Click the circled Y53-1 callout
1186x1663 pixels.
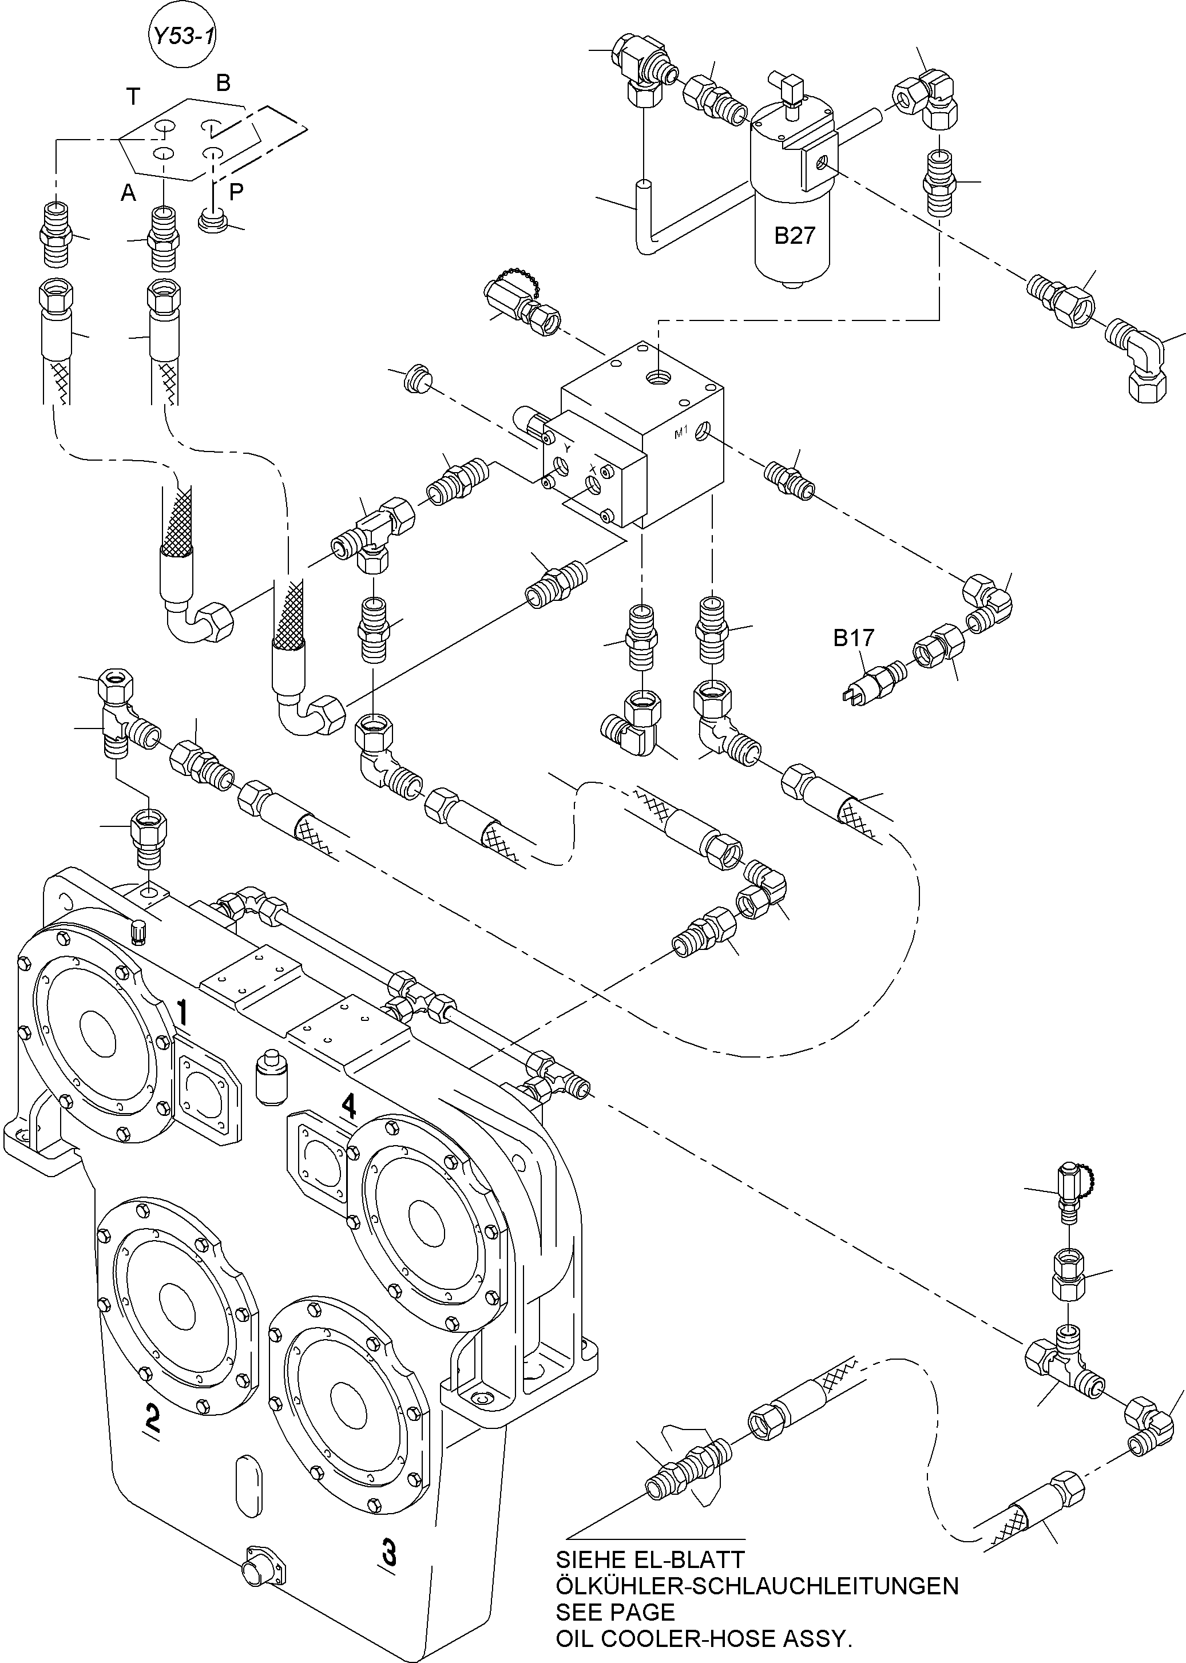183,36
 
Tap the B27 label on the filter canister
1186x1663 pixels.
794,236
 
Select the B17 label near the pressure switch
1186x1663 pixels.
853,638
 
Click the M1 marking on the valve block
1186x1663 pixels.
681,433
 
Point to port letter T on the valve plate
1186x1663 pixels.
133,96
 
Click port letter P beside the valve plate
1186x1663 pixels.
236,192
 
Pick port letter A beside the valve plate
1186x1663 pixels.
129,193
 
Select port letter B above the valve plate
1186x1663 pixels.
223,83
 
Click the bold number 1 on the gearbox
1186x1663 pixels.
183,1013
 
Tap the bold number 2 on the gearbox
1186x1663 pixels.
152,1417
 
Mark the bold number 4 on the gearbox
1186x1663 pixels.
349,1107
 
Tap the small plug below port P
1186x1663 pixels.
212,220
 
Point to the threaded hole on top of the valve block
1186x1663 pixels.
658,378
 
